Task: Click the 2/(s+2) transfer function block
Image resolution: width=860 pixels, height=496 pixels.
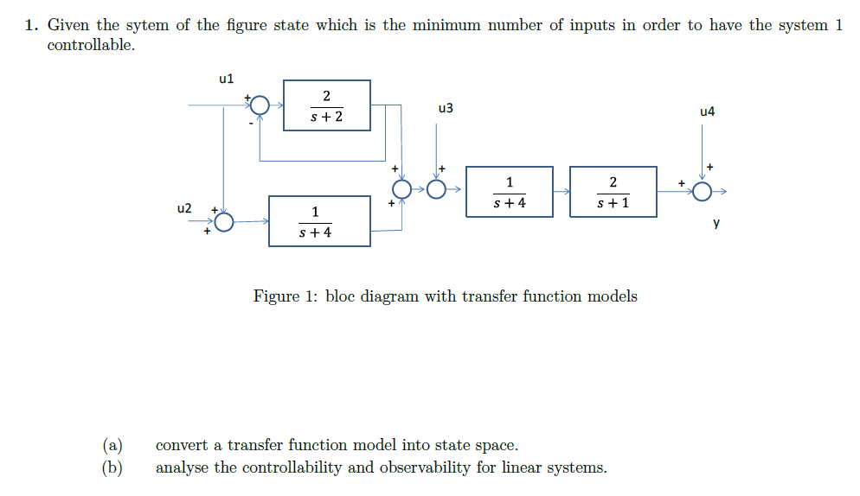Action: point(327,105)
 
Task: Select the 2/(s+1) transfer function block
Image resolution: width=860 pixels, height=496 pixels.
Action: point(613,192)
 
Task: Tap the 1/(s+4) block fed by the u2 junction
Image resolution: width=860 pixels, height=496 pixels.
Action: point(319,221)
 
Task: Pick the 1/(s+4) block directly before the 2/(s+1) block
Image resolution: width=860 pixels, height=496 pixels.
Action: point(509,192)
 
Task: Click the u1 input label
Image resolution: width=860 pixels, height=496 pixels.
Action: point(227,79)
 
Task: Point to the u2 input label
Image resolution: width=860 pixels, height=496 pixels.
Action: point(183,208)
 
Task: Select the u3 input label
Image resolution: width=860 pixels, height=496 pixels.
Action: point(446,109)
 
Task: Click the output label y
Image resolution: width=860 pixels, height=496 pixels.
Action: point(716,223)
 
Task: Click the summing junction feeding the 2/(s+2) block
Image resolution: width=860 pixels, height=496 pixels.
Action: point(260,106)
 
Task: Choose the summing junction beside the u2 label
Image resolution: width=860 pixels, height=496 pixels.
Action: point(224,222)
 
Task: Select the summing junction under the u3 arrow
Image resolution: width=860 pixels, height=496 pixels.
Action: point(438,189)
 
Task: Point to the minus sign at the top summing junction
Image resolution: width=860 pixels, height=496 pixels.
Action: point(252,124)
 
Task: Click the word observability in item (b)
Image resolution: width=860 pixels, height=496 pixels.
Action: point(424,468)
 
